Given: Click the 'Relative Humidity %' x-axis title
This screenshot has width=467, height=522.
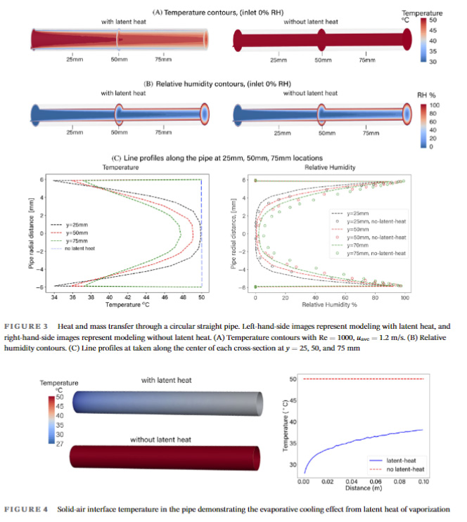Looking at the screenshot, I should (329, 305).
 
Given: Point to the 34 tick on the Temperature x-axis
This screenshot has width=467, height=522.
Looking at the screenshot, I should (54, 297).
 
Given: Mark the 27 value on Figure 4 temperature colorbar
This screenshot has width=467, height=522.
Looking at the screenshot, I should (59, 444).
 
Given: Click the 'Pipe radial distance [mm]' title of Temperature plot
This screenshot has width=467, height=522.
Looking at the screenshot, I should (31, 233).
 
